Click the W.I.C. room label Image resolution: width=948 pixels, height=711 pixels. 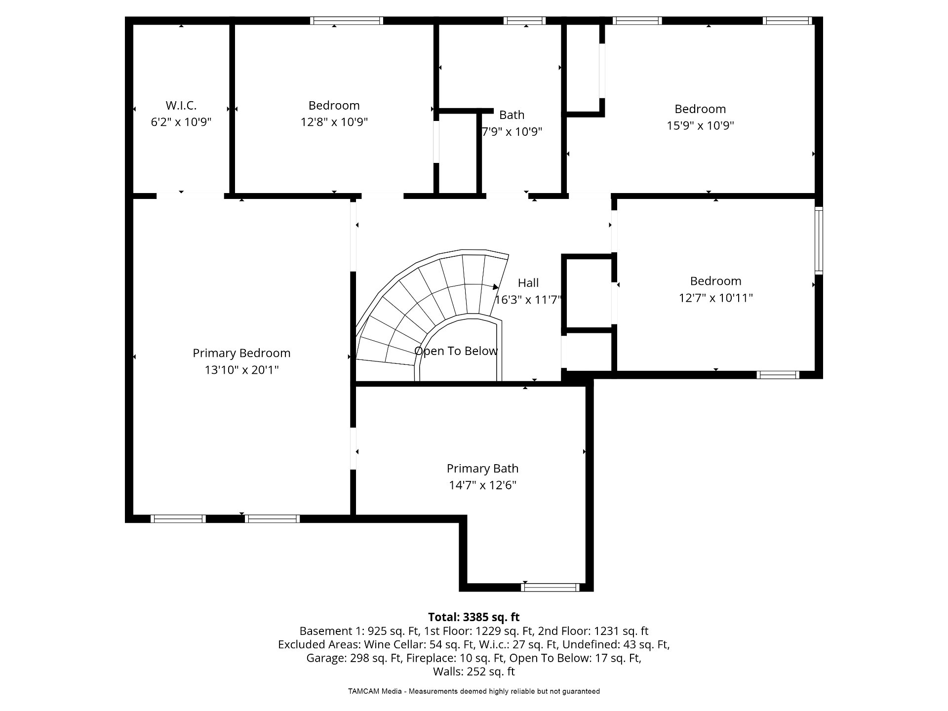181,105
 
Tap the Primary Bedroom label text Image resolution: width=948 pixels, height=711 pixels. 241,353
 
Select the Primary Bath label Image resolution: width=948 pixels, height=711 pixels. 482,469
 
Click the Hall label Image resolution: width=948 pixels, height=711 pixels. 528,283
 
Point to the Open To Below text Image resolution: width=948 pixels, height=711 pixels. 456,351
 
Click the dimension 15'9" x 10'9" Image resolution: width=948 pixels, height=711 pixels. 700,125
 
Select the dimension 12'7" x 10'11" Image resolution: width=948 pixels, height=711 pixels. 715,298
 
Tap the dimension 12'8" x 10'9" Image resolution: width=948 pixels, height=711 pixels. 334,122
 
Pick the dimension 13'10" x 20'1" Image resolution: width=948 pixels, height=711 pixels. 241,370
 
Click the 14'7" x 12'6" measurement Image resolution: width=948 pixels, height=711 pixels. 482,485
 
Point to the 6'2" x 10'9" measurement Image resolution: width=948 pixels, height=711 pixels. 181,122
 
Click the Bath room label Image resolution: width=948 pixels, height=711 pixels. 512,115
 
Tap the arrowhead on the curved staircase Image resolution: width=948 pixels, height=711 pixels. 496,287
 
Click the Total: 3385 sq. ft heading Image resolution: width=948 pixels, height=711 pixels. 474,617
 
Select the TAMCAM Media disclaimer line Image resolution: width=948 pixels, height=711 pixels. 474,691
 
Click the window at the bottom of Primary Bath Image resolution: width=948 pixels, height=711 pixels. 550,588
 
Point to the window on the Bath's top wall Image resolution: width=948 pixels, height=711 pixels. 524,21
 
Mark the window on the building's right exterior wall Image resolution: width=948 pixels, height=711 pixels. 819,241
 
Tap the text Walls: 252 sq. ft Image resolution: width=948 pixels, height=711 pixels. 474,672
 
